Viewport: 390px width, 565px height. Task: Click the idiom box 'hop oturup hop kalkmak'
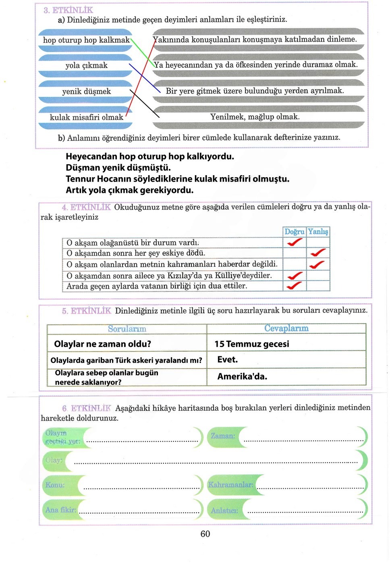click(x=86, y=40)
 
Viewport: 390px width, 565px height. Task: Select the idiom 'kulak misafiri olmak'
click(x=86, y=117)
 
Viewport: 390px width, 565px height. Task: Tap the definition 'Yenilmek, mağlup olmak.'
click(x=255, y=117)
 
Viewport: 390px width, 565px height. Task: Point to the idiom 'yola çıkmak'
click(x=86, y=65)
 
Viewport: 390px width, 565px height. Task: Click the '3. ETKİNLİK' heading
click(x=68, y=10)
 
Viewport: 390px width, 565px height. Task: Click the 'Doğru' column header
click(x=294, y=232)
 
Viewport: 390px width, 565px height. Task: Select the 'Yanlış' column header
click(x=318, y=232)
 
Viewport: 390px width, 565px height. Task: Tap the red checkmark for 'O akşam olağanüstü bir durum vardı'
click(x=295, y=242)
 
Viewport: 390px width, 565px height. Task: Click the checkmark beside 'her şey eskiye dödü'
click(x=318, y=253)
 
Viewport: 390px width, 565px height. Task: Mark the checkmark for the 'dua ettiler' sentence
click(x=294, y=286)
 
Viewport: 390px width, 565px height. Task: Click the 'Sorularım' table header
click(x=127, y=329)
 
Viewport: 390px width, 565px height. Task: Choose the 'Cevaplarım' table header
click(x=286, y=329)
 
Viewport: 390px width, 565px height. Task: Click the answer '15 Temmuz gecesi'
click(x=252, y=344)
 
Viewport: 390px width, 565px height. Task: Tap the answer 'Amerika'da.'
click(x=242, y=377)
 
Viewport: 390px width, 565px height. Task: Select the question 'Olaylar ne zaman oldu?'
click(x=102, y=344)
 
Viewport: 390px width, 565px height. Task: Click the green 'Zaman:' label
click(x=223, y=436)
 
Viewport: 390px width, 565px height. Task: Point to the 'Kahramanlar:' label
click(x=230, y=485)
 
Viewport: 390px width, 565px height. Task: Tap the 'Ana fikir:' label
click(x=60, y=510)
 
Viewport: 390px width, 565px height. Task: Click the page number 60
click(x=205, y=534)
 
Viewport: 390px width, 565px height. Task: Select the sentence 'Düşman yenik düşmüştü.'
click(x=118, y=167)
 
